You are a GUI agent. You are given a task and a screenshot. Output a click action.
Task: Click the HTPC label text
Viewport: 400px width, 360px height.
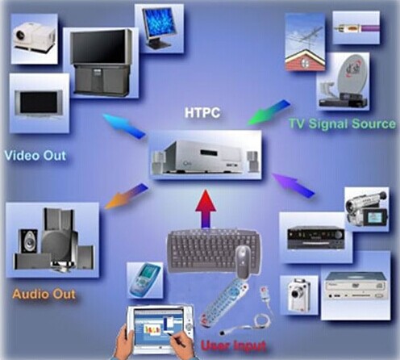click(202, 112)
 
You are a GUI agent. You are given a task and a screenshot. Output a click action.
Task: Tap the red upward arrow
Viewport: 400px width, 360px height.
click(206, 209)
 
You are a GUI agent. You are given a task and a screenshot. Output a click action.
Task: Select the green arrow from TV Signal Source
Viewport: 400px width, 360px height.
click(269, 112)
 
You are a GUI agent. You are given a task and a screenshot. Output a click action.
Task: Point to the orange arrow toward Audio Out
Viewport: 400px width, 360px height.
click(126, 196)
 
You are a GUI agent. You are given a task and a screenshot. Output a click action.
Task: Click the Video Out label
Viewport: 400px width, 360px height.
click(35, 156)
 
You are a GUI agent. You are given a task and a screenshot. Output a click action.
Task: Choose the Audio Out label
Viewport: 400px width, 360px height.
click(44, 294)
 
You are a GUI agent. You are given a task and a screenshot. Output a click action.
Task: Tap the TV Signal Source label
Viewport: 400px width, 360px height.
click(342, 123)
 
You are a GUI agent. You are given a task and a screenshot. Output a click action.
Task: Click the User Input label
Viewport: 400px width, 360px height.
click(233, 345)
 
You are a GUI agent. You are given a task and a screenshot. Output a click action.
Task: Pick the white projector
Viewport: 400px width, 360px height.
click(34, 38)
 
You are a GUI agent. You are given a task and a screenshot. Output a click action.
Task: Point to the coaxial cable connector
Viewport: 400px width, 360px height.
click(356, 27)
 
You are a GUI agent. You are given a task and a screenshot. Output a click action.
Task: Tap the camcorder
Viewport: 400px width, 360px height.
click(367, 209)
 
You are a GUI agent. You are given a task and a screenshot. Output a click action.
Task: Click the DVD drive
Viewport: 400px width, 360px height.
click(356, 286)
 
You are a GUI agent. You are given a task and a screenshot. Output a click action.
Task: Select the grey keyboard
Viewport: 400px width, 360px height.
click(214, 250)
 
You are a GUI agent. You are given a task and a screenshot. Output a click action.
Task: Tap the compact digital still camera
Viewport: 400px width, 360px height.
click(299, 295)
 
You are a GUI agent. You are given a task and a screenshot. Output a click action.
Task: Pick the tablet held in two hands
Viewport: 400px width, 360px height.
click(160, 329)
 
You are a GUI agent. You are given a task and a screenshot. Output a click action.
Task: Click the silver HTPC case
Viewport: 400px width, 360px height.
click(203, 157)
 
